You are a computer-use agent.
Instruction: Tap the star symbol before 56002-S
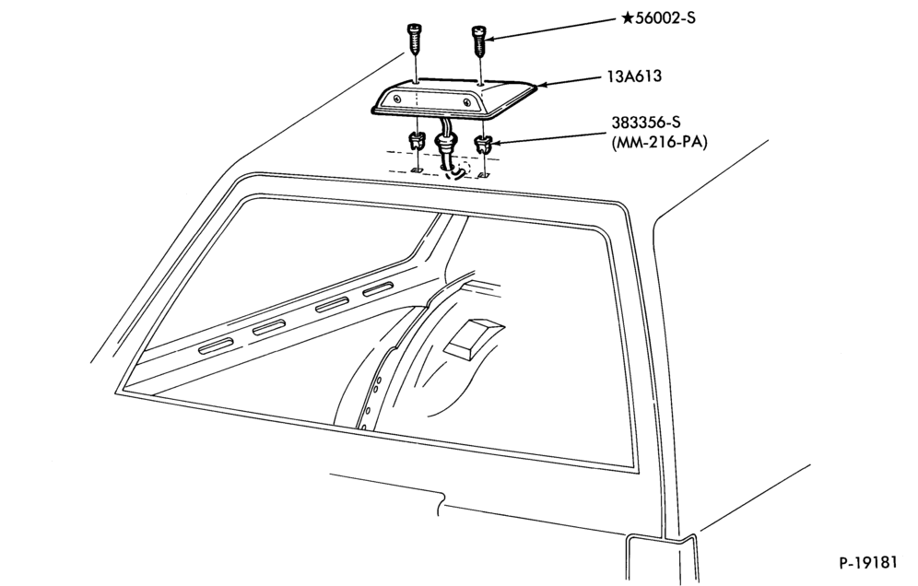pyautogui.click(x=627, y=18)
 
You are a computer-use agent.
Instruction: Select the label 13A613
pyautogui.click(x=634, y=76)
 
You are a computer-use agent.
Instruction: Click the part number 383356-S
pyautogui.click(x=646, y=123)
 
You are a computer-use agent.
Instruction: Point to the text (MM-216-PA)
pyautogui.click(x=659, y=142)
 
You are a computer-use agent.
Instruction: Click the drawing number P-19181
pyautogui.click(x=868, y=563)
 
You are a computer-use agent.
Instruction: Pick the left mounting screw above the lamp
pyautogui.click(x=415, y=38)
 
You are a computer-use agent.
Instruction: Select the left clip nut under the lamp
pyautogui.click(x=415, y=141)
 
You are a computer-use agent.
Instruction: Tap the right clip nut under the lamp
pyautogui.click(x=482, y=143)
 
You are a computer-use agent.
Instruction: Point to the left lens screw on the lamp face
pyautogui.click(x=398, y=99)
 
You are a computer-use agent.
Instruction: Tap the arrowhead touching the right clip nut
pyautogui.click(x=495, y=141)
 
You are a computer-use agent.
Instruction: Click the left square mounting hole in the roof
pyautogui.click(x=416, y=170)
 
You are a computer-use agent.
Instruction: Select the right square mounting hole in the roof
pyautogui.click(x=484, y=174)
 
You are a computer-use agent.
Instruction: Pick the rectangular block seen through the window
pyautogui.click(x=473, y=339)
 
